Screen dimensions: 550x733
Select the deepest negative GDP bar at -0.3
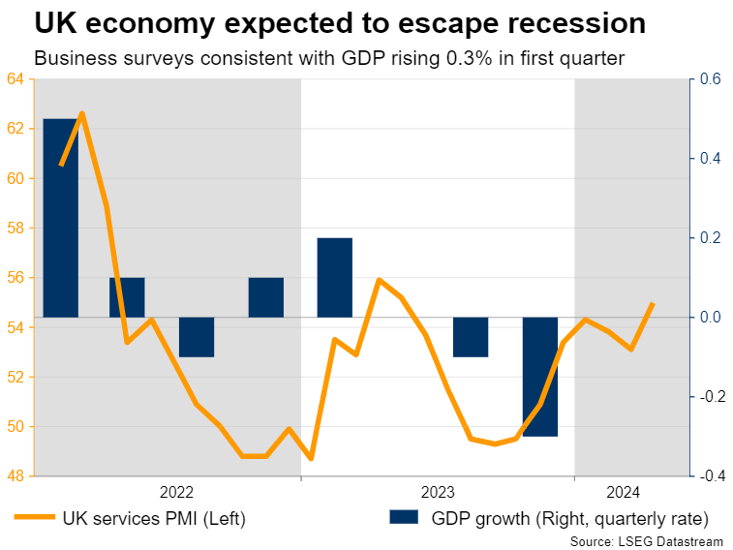point(540,376)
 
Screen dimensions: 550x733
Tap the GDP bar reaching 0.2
point(335,277)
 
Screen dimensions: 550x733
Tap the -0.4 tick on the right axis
point(710,476)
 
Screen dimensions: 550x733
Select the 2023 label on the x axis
point(439,491)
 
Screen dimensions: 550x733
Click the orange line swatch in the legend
point(33,518)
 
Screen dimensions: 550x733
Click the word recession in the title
point(562,23)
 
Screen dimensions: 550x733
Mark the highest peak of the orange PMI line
point(81,113)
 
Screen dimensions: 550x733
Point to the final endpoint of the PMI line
point(653,303)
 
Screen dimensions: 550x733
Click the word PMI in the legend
point(168,518)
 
